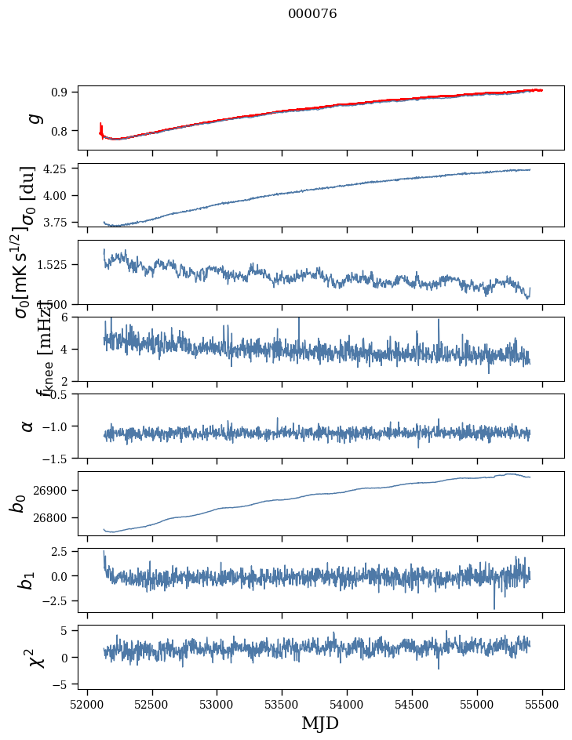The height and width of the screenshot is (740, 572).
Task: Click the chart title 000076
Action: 312,14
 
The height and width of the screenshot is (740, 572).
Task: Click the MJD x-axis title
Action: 320,723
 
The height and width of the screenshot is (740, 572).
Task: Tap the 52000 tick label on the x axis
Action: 87,702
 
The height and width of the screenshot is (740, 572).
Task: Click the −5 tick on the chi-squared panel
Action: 64,684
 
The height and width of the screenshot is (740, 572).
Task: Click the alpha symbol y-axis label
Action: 28,426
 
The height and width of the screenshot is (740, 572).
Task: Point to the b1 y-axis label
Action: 27,580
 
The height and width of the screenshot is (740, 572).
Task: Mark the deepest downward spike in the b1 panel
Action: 494,608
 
